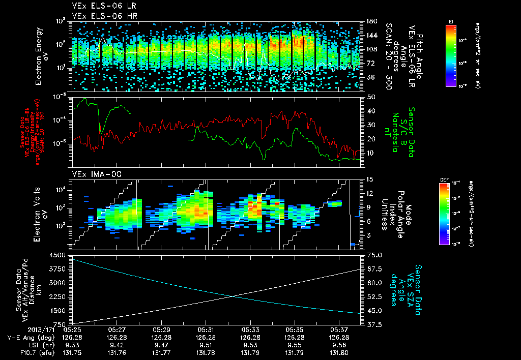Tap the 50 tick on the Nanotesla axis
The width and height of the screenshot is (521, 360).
(369, 97)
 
